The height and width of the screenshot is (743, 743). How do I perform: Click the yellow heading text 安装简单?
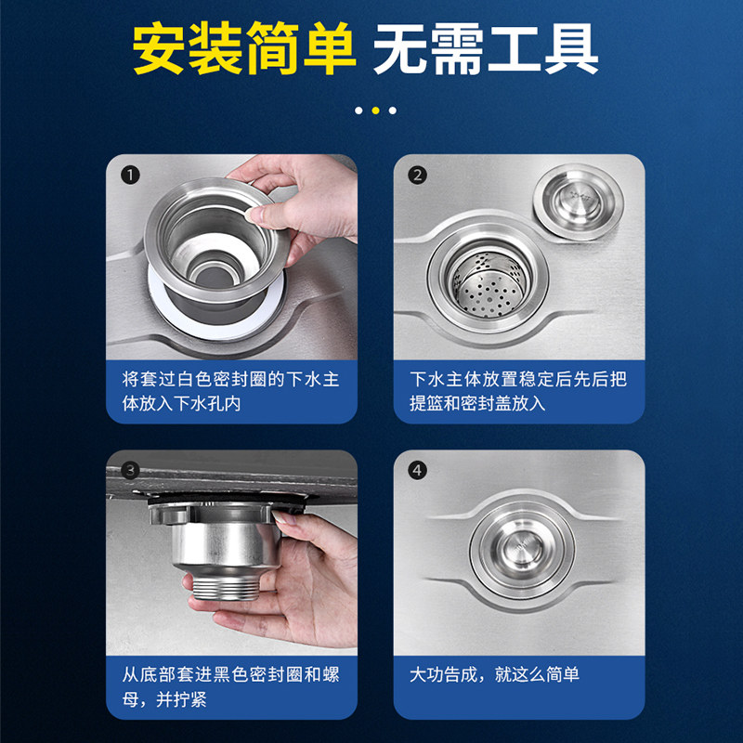coord(244,49)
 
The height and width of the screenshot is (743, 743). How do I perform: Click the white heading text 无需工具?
coord(486,49)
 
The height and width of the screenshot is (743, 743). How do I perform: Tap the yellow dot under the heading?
coord(376,111)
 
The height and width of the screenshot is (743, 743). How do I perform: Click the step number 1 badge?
coord(130,176)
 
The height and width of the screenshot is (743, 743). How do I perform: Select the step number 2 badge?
coord(417,176)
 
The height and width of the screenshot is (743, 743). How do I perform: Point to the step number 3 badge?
coord(130,471)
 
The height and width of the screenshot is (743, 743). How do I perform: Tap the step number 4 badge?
coord(417,471)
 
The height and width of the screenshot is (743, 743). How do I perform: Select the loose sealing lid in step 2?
coord(578,202)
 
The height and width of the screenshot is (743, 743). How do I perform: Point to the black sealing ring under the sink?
coord(227,500)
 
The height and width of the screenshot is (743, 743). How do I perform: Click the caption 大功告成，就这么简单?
coord(494,675)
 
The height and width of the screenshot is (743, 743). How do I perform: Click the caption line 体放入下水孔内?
coord(181,404)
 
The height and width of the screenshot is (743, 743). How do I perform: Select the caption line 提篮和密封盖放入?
coord(477,404)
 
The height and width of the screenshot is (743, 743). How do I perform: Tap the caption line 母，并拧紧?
coord(164,699)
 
